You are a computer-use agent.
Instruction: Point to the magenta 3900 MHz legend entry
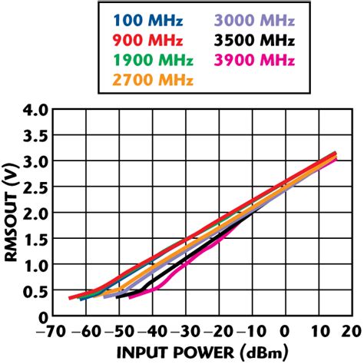pos(247,58)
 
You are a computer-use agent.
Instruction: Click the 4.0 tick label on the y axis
pos(35,111)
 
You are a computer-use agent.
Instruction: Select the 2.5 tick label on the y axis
pos(35,188)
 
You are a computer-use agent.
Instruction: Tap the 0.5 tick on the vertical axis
pos(35,291)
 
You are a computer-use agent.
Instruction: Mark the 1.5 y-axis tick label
pos(35,240)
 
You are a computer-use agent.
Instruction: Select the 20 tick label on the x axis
pos(353,331)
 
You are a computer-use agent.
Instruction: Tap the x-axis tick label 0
pos(285,331)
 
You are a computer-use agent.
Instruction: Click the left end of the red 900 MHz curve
pos(69,298)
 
